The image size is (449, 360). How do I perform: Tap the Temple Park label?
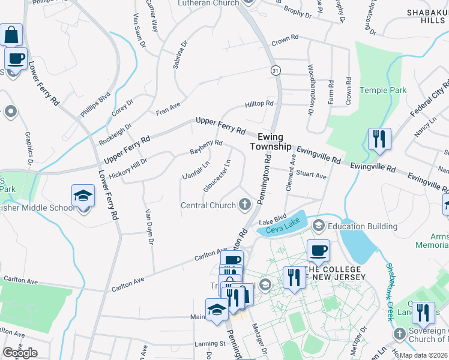click(x=383, y=90)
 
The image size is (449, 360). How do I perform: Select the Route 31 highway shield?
click(x=275, y=70)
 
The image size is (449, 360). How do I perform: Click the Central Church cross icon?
click(x=244, y=205)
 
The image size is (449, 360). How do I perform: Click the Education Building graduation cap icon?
click(x=318, y=226)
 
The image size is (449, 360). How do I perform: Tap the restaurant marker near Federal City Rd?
click(x=379, y=139)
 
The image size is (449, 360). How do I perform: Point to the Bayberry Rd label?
click(x=206, y=148)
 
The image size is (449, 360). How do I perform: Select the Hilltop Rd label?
click(x=259, y=104)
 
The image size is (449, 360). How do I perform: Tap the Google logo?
click(x=20, y=353)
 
